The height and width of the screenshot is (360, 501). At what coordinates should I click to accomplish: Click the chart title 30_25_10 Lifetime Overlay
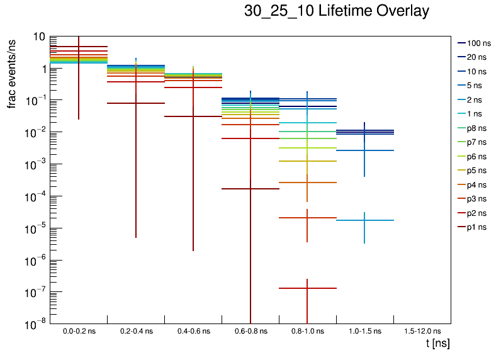[337, 11]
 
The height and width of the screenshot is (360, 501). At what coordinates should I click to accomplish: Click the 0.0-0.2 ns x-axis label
[79, 331]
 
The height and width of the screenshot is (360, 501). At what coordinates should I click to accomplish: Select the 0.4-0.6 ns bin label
[193, 331]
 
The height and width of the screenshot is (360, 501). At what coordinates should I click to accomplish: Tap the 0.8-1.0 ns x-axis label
[307, 331]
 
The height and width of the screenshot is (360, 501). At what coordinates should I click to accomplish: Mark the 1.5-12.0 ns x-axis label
[421, 331]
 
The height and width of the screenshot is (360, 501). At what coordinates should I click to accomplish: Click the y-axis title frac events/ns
[12, 72]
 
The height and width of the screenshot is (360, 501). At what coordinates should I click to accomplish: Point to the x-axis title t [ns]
[437, 344]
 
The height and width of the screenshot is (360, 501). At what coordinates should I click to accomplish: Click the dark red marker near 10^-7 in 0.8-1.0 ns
[307, 288]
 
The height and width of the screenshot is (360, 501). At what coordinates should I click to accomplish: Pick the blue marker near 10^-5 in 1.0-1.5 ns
[365, 220]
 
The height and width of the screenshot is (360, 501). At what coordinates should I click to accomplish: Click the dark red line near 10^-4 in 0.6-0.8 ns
[250, 189]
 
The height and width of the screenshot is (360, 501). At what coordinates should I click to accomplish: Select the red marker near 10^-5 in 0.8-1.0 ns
[307, 218]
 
